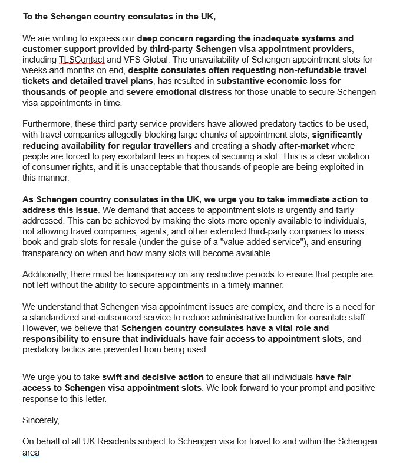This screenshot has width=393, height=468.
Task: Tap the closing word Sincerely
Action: (x=41, y=421)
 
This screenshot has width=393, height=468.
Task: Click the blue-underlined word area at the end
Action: (x=31, y=453)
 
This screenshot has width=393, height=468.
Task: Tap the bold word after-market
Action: (x=316, y=145)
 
